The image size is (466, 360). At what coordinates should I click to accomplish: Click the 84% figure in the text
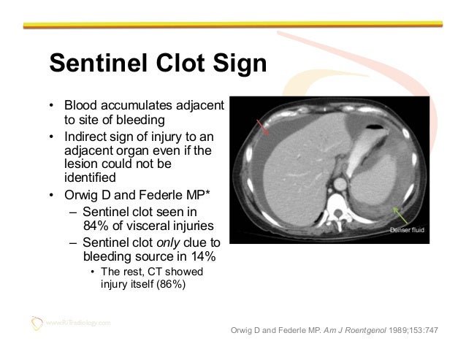tap(96, 224)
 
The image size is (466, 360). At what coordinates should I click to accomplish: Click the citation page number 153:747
tap(421, 329)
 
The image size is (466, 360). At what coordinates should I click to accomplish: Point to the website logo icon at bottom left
tap(35, 321)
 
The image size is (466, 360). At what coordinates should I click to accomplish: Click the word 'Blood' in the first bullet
tap(80, 107)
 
